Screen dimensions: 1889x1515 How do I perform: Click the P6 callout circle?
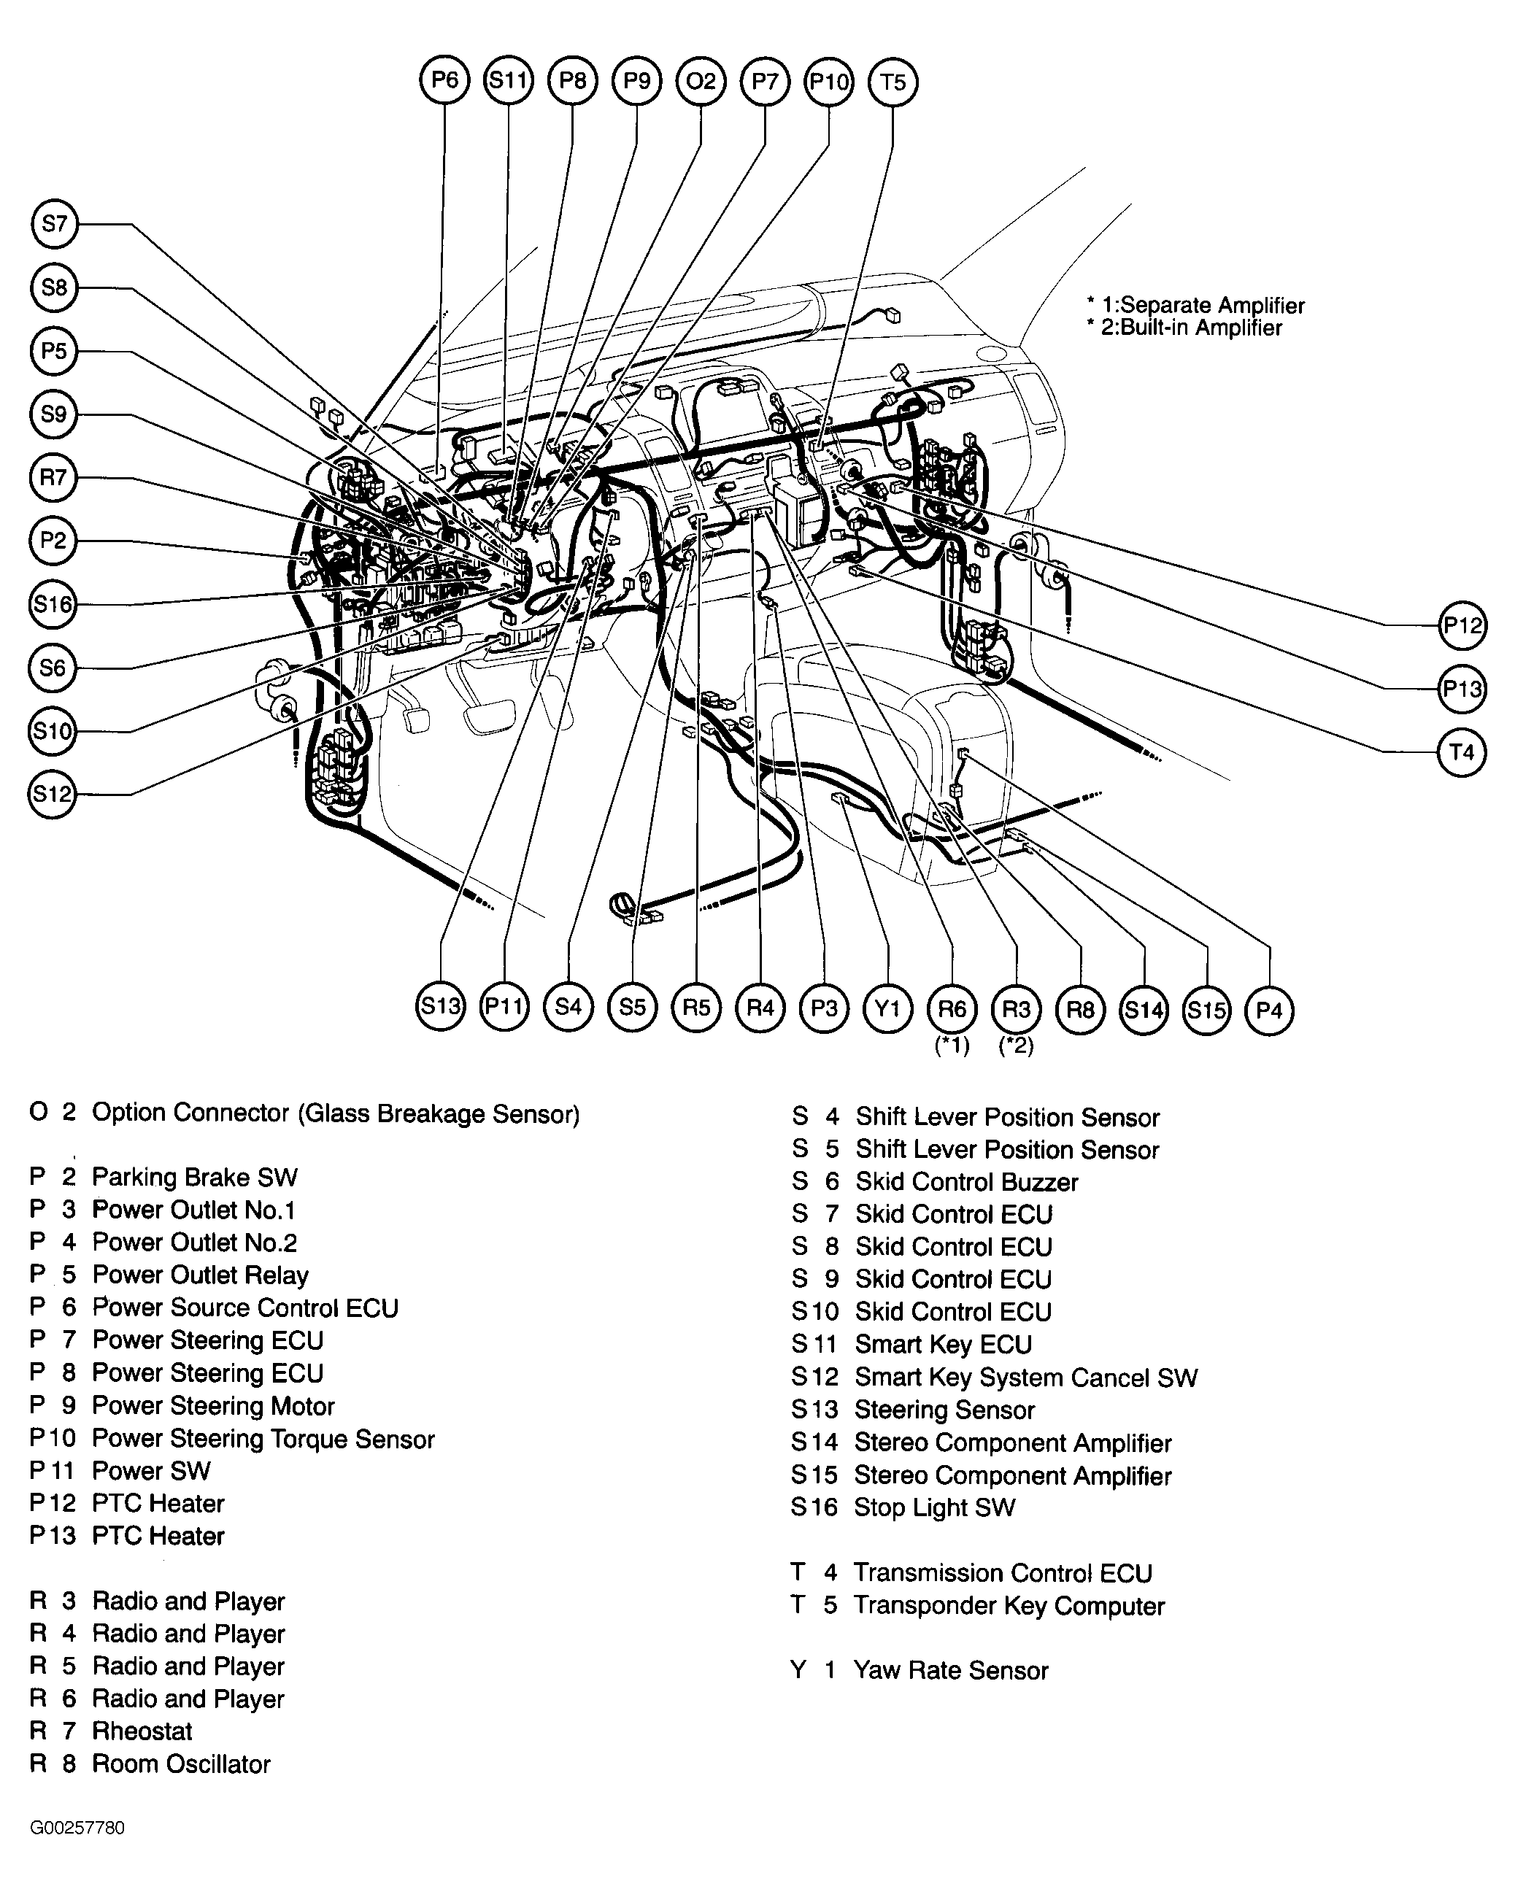444,80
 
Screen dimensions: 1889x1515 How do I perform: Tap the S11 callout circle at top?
508,80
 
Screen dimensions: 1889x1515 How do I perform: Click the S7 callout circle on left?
53,224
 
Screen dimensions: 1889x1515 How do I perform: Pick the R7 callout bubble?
53,477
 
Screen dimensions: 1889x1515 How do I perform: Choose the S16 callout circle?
53,605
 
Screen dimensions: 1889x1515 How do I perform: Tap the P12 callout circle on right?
1462,625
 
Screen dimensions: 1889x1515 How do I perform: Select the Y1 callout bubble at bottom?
887,1008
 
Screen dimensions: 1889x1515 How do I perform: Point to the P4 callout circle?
1269,1011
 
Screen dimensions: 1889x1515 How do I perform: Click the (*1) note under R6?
952,1046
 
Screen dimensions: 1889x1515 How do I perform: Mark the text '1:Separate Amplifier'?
1203,306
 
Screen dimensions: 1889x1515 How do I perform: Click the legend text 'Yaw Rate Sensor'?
951,1671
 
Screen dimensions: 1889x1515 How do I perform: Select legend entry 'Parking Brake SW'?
195,1178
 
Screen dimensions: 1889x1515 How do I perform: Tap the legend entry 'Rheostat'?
142,1731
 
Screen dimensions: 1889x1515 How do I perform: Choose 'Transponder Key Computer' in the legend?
1009,1606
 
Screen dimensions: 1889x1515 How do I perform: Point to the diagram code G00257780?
77,1828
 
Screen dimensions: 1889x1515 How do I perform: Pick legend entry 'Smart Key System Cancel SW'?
1026,1378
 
